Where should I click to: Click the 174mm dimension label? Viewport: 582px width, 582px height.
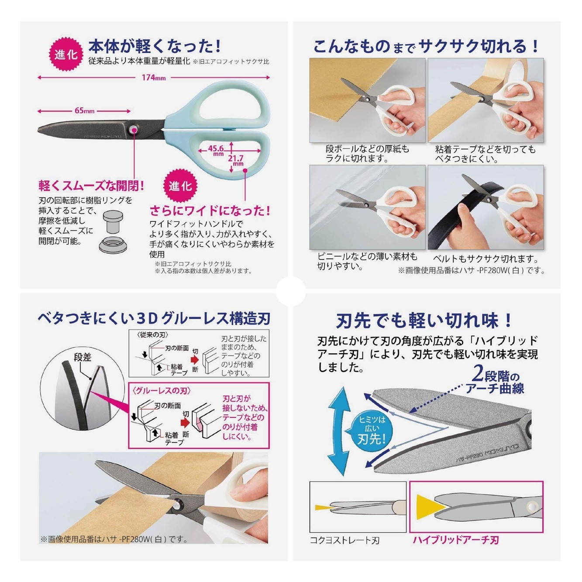pyautogui.click(x=153, y=78)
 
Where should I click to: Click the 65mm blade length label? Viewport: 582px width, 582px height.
pyautogui.click(x=84, y=111)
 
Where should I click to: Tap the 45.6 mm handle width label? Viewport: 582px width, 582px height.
pyautogui.click(x=216, y=150)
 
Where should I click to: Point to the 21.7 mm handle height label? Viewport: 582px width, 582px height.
pyautogui.click(x=236, y=160)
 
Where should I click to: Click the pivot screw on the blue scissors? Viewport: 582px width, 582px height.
pyautogui.click(x=134, y=130)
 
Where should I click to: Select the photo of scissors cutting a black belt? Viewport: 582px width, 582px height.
pyautogui.click(x=486, y=207)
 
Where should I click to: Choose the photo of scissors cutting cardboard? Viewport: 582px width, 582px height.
pyautogui.click(x=367, y=100)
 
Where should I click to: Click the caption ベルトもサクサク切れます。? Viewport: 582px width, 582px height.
pyautogui.click(x=486, y=259)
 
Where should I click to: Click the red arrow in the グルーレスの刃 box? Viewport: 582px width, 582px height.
pyautogui.click(x=185, y=423)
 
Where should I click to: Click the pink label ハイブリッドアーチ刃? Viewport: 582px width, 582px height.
pyautogui.click(x=455, y=540)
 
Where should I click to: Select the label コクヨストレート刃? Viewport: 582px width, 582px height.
pyautogui.click(x=344, y=541)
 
